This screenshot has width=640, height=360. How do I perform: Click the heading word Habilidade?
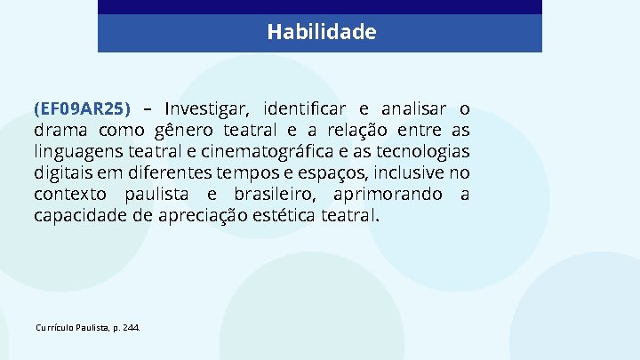(321, 33)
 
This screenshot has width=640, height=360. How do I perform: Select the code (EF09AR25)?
(82, 109)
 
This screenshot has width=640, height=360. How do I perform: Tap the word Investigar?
(208, 109)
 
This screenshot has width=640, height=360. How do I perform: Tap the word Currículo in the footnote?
(55, 328)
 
